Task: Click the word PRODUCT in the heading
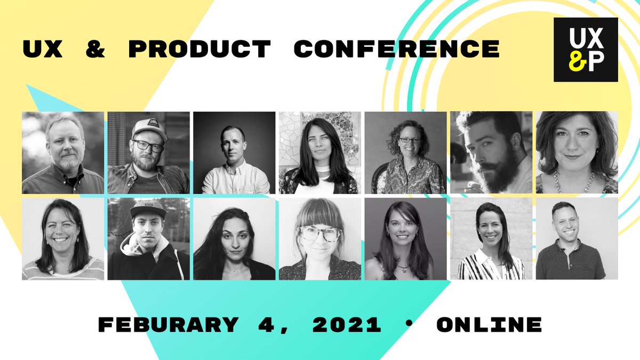click(x=199, y=49)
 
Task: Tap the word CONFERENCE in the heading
click(x=396, y=49)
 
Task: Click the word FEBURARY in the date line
click(x=168, y=324)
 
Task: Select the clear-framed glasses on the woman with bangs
click(x=321, y=233)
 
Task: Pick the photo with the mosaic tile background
click(x=319, y=152)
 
